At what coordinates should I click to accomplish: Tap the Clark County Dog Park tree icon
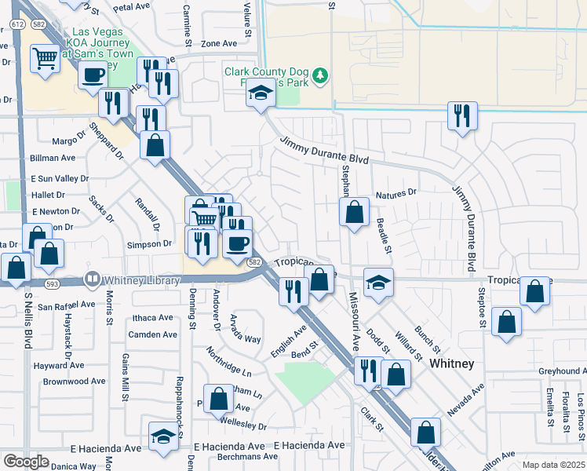(x=319, y=76)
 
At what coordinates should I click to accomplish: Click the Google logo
(x=25, y=462)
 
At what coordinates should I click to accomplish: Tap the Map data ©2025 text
(x=552, y=465)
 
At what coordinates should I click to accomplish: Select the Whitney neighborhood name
(x=451, y=364)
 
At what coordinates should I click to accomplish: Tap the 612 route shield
(x=17, y=25)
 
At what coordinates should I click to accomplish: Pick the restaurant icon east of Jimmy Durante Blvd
(x=462, y=115)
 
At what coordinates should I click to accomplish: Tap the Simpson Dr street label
(x=149, y=244)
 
